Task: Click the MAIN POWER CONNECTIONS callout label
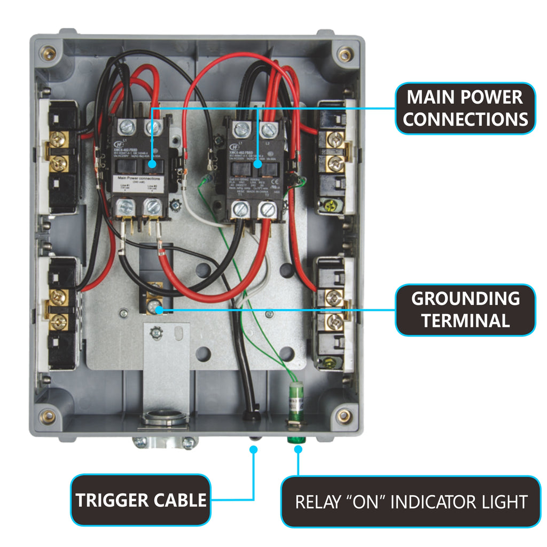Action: [465, 108]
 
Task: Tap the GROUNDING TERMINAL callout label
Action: [465, 310]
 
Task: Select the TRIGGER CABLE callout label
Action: [140, 500]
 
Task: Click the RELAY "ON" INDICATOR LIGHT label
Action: [411, 502]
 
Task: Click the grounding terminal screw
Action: [154, 306]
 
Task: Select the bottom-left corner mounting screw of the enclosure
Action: [49, 416]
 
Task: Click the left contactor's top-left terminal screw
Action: [127, 127]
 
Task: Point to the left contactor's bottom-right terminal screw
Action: [152, 206]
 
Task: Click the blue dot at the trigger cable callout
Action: [253, 450]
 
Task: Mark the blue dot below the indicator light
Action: [299, 450]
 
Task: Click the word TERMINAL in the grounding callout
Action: [465, 321]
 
